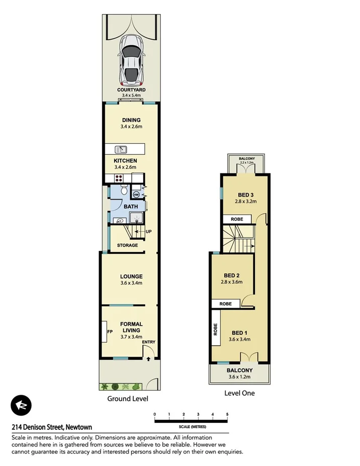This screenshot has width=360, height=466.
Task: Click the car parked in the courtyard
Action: pos(131,60)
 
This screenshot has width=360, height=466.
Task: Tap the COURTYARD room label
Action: pos(131,90)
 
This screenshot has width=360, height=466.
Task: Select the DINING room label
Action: pos(131,120)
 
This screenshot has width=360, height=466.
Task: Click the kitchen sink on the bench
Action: pos(120,149)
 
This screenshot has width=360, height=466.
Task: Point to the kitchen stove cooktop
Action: pos(120,177)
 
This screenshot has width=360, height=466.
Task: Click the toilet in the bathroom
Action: pos(124,191)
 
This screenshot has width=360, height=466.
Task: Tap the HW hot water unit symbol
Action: pos(136,194)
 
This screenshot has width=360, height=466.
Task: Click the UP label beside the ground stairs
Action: pos(148,232)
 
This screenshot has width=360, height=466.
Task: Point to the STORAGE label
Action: pos(127,245)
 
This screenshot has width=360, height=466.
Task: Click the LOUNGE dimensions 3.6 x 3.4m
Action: pos(131,283)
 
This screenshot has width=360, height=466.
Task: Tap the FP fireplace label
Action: pos(109,332)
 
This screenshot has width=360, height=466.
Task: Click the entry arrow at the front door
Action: pos(148,359)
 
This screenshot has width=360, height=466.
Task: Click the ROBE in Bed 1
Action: pos(216,328)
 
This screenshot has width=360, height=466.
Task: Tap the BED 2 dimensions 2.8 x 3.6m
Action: pos(232,282)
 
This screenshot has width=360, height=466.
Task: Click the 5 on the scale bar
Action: pos(228,415)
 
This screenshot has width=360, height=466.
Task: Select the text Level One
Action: pos(239,393)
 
